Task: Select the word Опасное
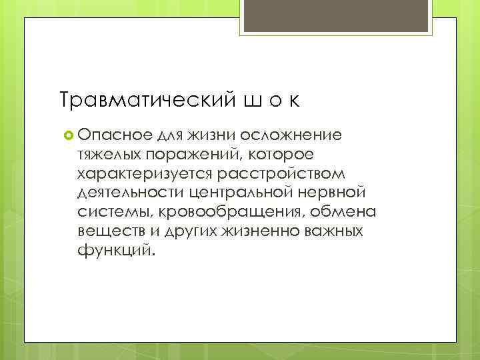pos(115,135)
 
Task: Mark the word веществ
pos(106,232)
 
